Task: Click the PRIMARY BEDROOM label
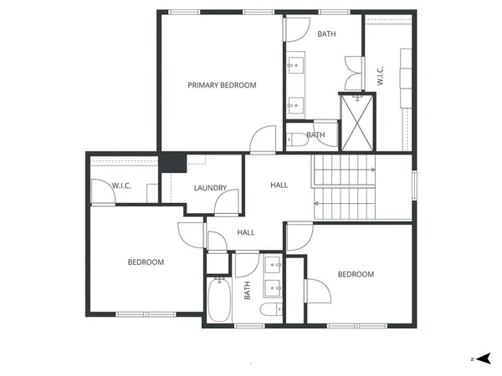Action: [x=222, y=85]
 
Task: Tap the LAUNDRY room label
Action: [x=210, y=188]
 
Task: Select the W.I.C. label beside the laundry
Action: [x=122, y=185]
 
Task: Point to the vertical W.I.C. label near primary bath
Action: [x=380, y=76]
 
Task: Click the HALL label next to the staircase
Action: [x=279, y=185]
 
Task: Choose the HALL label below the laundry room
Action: [x=246, y=233]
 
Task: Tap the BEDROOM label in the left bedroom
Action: [x=146, y=262]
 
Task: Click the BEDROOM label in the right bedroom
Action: [x=356, y=274]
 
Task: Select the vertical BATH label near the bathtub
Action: [x=247, y=291]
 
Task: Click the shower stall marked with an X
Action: [x=357, y=122]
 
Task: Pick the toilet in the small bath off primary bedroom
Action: [x=295, y=140]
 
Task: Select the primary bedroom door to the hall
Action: [x=264, y=140]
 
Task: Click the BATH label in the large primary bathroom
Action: [x=326, y=34]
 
